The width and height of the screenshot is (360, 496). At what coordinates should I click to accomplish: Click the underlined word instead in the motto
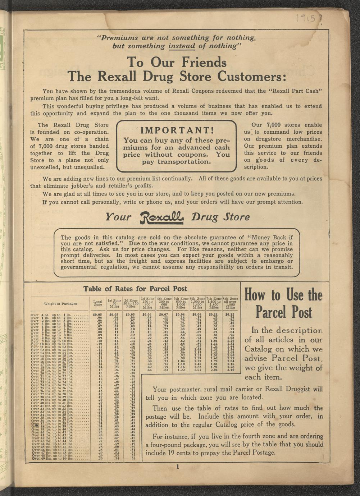(182, 46)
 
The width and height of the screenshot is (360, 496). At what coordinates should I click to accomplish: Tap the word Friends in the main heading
(204, 63)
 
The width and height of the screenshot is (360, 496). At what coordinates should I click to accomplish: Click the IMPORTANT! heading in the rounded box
(177, 130)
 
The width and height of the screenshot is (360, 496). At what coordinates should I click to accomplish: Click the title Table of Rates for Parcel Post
(135, 289)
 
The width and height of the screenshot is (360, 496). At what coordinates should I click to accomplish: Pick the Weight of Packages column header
(60, 304)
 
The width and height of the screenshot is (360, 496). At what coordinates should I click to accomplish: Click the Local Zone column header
(98, 303)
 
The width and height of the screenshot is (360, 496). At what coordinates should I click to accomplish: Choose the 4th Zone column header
(164, 303)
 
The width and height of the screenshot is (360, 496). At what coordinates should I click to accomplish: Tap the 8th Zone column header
(230, 303)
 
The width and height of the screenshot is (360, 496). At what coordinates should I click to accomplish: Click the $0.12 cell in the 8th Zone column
(230, 314)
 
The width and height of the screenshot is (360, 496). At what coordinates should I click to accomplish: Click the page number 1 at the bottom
(178, 467)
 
